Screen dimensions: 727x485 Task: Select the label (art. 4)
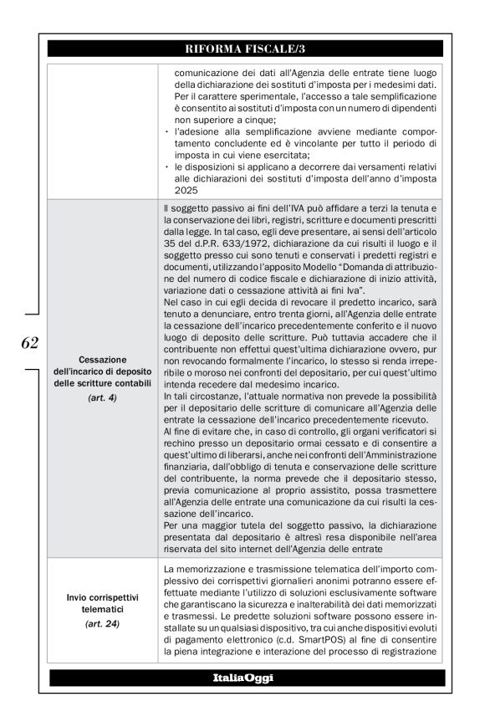[102, 398]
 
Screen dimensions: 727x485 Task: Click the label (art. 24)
[102, 623]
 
